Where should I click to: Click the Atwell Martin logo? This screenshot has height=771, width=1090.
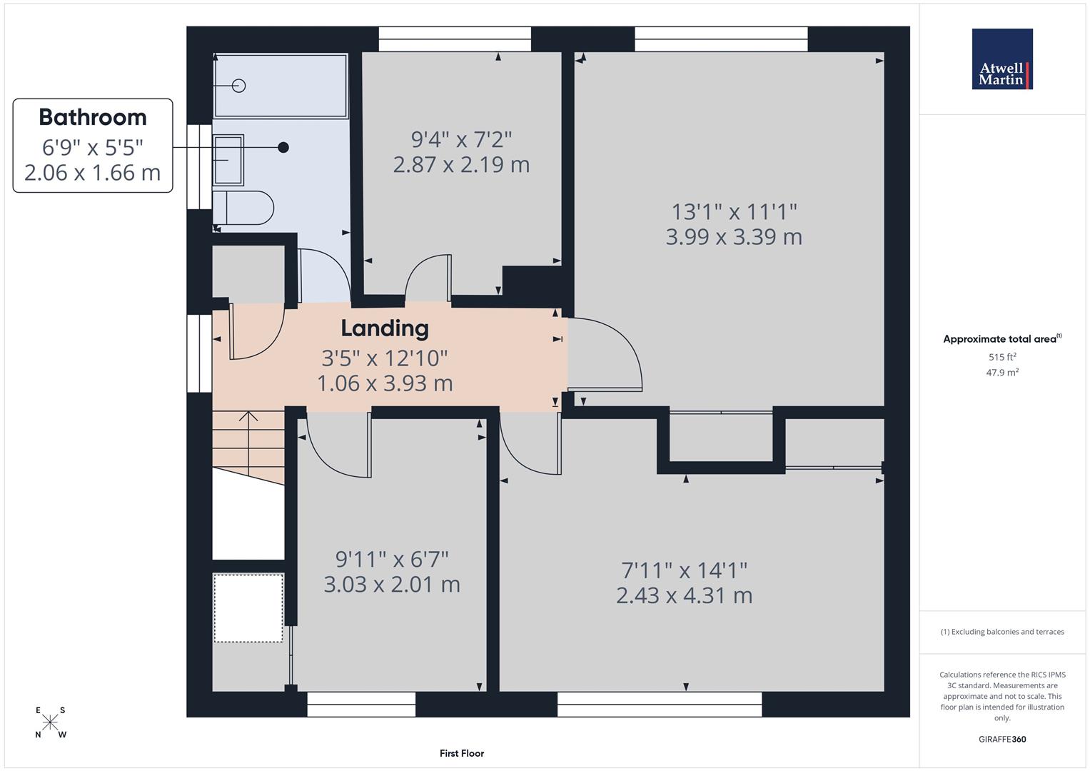tap(1002, 59)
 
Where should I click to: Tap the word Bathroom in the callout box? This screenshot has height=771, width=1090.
tap(93, 117)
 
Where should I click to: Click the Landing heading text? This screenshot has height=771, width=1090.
tap(385, 328)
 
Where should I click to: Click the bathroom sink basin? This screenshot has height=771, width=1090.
tap(228, 160)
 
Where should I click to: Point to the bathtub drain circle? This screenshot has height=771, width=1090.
tap(239, 86)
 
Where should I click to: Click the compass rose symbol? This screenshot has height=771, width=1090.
tap(50, 722)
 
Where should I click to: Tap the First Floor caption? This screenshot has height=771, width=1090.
tap(462, 753)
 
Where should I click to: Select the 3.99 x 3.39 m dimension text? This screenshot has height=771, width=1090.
tap(734, 237)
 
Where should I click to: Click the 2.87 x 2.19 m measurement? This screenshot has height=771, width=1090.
tap(461, 165)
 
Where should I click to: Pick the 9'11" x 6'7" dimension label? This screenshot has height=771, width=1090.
tap(392, 559)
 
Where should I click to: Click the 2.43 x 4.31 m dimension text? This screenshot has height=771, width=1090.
tap(684, 595)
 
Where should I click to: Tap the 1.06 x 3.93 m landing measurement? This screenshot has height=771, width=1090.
tap(385, 383)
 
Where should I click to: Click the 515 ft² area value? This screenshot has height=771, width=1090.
tap(1002, 357)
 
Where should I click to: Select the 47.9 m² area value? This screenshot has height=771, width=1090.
tap(1002, 372)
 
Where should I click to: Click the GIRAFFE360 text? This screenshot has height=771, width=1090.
tap(1002, 739)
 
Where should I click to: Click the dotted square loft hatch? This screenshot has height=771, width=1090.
tap(248, 608)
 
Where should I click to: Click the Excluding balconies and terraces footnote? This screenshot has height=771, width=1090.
tap(1002, 632)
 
